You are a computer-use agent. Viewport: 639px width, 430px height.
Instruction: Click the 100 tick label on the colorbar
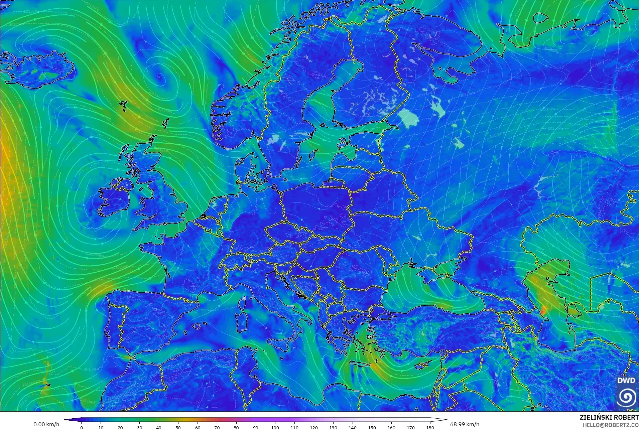pos(275,427)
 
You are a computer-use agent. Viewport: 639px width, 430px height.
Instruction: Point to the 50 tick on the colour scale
pos(178,427)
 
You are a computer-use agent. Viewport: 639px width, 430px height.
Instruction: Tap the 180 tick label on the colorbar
pos(430,427)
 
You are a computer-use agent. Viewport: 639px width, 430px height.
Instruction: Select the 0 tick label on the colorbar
pos(82,427)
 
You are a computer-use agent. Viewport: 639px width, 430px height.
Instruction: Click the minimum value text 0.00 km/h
pos(46,424)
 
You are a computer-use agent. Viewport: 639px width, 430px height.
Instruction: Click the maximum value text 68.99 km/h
pos(465,424)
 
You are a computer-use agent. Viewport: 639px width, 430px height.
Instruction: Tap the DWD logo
pos(626,392)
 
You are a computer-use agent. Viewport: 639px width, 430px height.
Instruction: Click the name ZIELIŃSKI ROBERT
pos(609,417)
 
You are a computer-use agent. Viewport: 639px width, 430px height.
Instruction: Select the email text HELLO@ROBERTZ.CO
pos(611,425)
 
